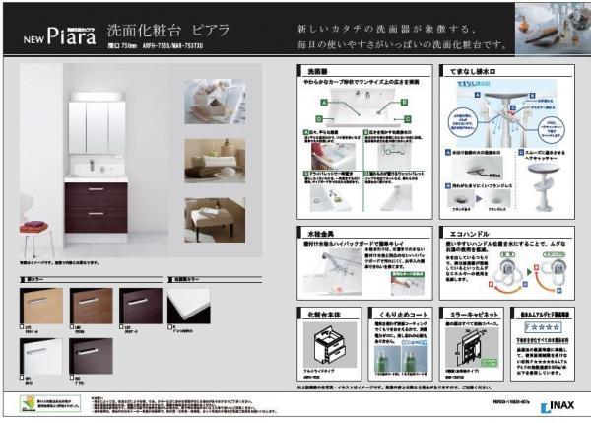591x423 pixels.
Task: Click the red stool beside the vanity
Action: point(37,238)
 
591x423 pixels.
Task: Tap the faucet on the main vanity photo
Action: point(93,164)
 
